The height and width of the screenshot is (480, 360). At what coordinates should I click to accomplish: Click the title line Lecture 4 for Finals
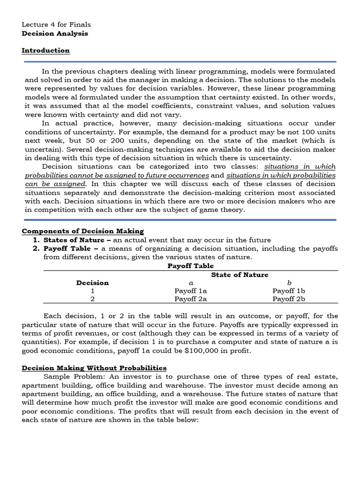[56, 24]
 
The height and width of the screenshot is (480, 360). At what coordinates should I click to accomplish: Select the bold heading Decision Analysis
[55, 33]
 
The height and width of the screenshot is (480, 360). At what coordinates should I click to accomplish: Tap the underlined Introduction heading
[46, 51]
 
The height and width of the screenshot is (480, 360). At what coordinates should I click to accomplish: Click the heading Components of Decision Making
[83, 231]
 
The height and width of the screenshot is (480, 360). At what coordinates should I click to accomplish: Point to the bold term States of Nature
[74, 240]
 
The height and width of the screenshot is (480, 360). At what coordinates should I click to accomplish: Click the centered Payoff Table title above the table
[190, 266]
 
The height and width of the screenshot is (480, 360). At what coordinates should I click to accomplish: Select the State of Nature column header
[240, 275]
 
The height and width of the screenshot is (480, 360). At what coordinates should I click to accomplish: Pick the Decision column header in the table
[92, 283]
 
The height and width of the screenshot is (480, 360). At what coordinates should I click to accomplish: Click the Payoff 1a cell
[190, 291]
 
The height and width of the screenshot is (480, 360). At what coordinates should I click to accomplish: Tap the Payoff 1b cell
[289, 291]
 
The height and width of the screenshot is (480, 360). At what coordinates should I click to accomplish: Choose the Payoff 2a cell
[190, 299]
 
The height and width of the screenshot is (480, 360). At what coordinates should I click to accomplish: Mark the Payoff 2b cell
[289, 299]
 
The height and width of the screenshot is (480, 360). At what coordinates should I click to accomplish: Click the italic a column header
[190, 283]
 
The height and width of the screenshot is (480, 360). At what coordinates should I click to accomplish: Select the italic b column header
[289, 283]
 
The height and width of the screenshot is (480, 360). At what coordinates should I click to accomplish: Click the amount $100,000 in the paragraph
[179, 351]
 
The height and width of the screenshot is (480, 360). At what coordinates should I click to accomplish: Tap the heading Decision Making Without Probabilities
[94, 368]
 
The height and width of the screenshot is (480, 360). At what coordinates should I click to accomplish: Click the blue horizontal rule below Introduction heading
[180, 61]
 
